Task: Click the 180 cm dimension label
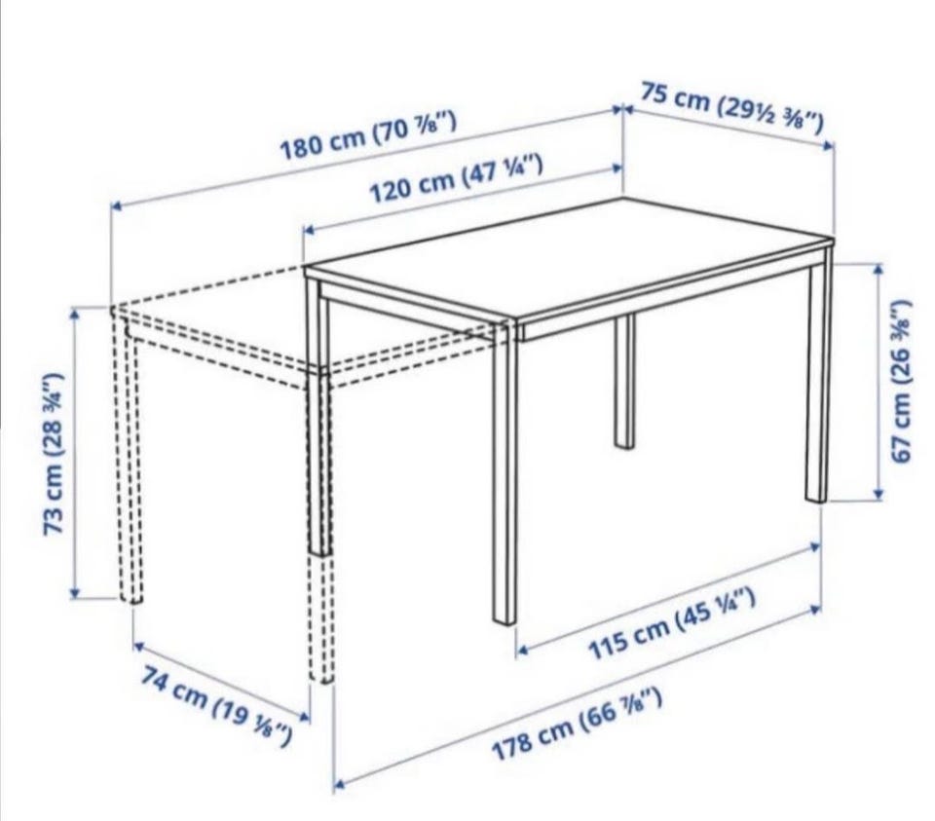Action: pyautogui.click(x=368, y=136)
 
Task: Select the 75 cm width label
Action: pyautogui.click(x=732, y=108)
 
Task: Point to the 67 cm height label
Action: pyautogui.click(x=902, y=381)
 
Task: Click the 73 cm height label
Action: pyautogui.click(x=54, y=453)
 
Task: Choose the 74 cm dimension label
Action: pyautogui.click(x=217, y=705)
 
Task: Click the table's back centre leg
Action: pyautogui.click(x=624, y=382)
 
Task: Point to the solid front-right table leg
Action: pyautogui.click(x=505, y=472)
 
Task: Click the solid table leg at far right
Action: pyautogui.click(x=818, y=376)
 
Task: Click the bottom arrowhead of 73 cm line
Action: pyautogui.click(x=75, y=592)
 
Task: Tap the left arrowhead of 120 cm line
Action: pyautogui.click(x=310, y=230)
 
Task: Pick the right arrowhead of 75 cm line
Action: pyautogui.click(x=828, y=144)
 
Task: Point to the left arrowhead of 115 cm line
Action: pyautogui.click(x=522, y=651)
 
